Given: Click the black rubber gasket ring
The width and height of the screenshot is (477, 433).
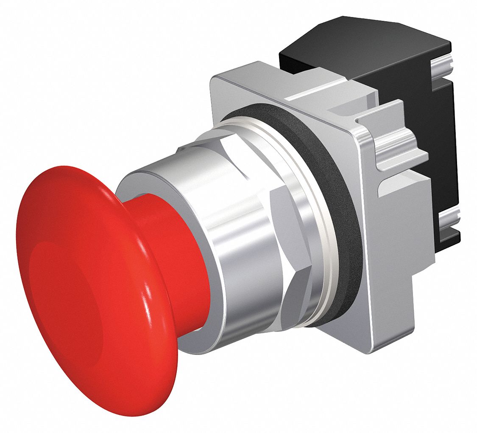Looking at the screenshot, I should (x=339, y=204).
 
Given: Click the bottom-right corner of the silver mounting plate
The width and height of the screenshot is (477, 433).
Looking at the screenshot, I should (x=373, y=350).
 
